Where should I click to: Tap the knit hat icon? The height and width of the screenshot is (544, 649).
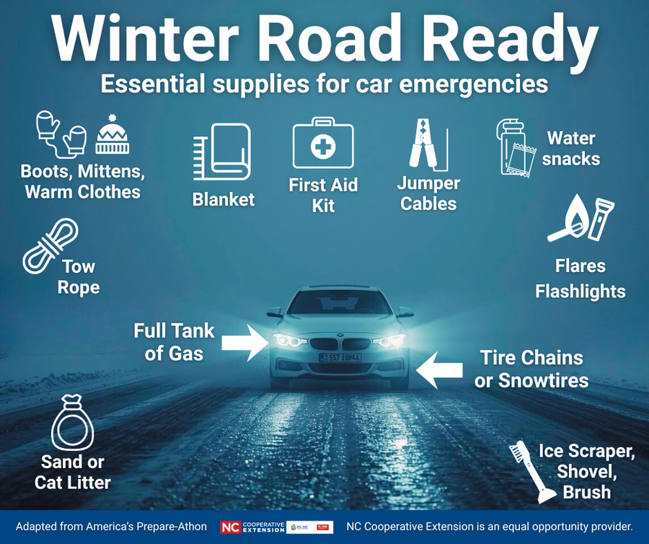pos(112,135)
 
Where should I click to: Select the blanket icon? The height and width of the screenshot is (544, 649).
pos(222,152)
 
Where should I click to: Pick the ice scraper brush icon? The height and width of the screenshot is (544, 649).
pos(534,473)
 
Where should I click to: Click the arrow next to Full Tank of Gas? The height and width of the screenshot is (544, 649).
pos(243,341)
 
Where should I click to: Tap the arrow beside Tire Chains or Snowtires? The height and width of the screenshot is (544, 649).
pos(440,370)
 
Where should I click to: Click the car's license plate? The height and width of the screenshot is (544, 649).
pos(340,357)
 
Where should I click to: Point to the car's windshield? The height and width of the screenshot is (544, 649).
pos(340,302)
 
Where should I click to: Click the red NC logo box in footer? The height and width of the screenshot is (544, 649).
pos(230,527)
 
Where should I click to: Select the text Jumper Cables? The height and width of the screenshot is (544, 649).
pos(428,193)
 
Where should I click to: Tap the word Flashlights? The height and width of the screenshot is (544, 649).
pos(580,291)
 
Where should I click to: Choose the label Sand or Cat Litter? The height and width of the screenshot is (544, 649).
pos(73,473)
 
